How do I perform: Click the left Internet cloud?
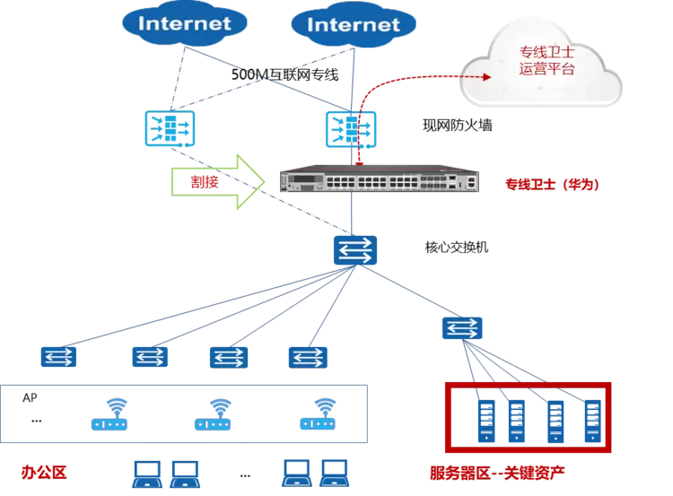[184, 23]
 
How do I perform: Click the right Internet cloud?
[353, 24]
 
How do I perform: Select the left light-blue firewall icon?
[169, 128]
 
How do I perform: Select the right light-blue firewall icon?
[351, 128]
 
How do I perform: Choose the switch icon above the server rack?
[463, 327]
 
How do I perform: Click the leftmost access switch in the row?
[58, 357]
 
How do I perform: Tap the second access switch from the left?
[149, 357]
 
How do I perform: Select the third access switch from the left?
[227, 357]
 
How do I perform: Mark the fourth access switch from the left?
[307, 357]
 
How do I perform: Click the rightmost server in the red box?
[591, 420]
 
